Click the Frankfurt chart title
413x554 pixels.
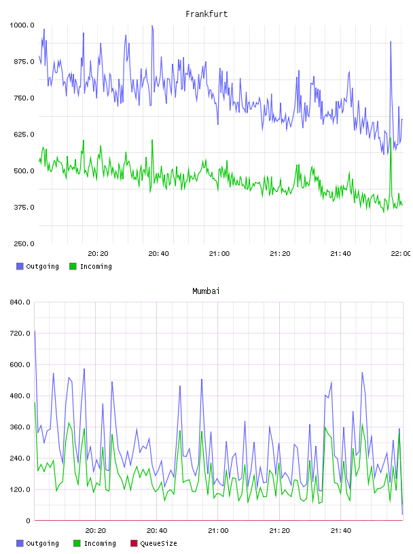pos(206,14)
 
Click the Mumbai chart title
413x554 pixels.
pos(206,291)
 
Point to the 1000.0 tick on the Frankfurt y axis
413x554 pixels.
pos(22,25)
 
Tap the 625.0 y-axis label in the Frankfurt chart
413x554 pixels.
pos(24,134)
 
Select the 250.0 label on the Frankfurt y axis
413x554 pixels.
pos(24,244)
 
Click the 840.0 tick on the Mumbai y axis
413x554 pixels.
pos(20,302)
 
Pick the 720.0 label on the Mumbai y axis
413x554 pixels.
pos(20,333)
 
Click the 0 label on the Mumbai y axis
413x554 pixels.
pos(28,521)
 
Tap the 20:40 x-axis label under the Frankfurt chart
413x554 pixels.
pos(158,254)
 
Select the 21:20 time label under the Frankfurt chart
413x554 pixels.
pos(280,254)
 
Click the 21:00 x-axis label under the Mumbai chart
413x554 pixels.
pos(218,531)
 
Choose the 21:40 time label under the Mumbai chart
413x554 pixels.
pos(341,531)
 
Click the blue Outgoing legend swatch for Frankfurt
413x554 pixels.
pos(20,266)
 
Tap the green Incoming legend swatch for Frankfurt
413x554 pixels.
pos(73,266)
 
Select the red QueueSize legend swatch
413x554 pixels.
pos(134,543)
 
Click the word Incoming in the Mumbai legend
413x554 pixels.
pos(100,543)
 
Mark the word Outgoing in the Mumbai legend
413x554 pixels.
pos(42,543)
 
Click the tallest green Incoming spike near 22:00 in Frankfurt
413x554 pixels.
pos(391,138)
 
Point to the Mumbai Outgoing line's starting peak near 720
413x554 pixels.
pos(35,331)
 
